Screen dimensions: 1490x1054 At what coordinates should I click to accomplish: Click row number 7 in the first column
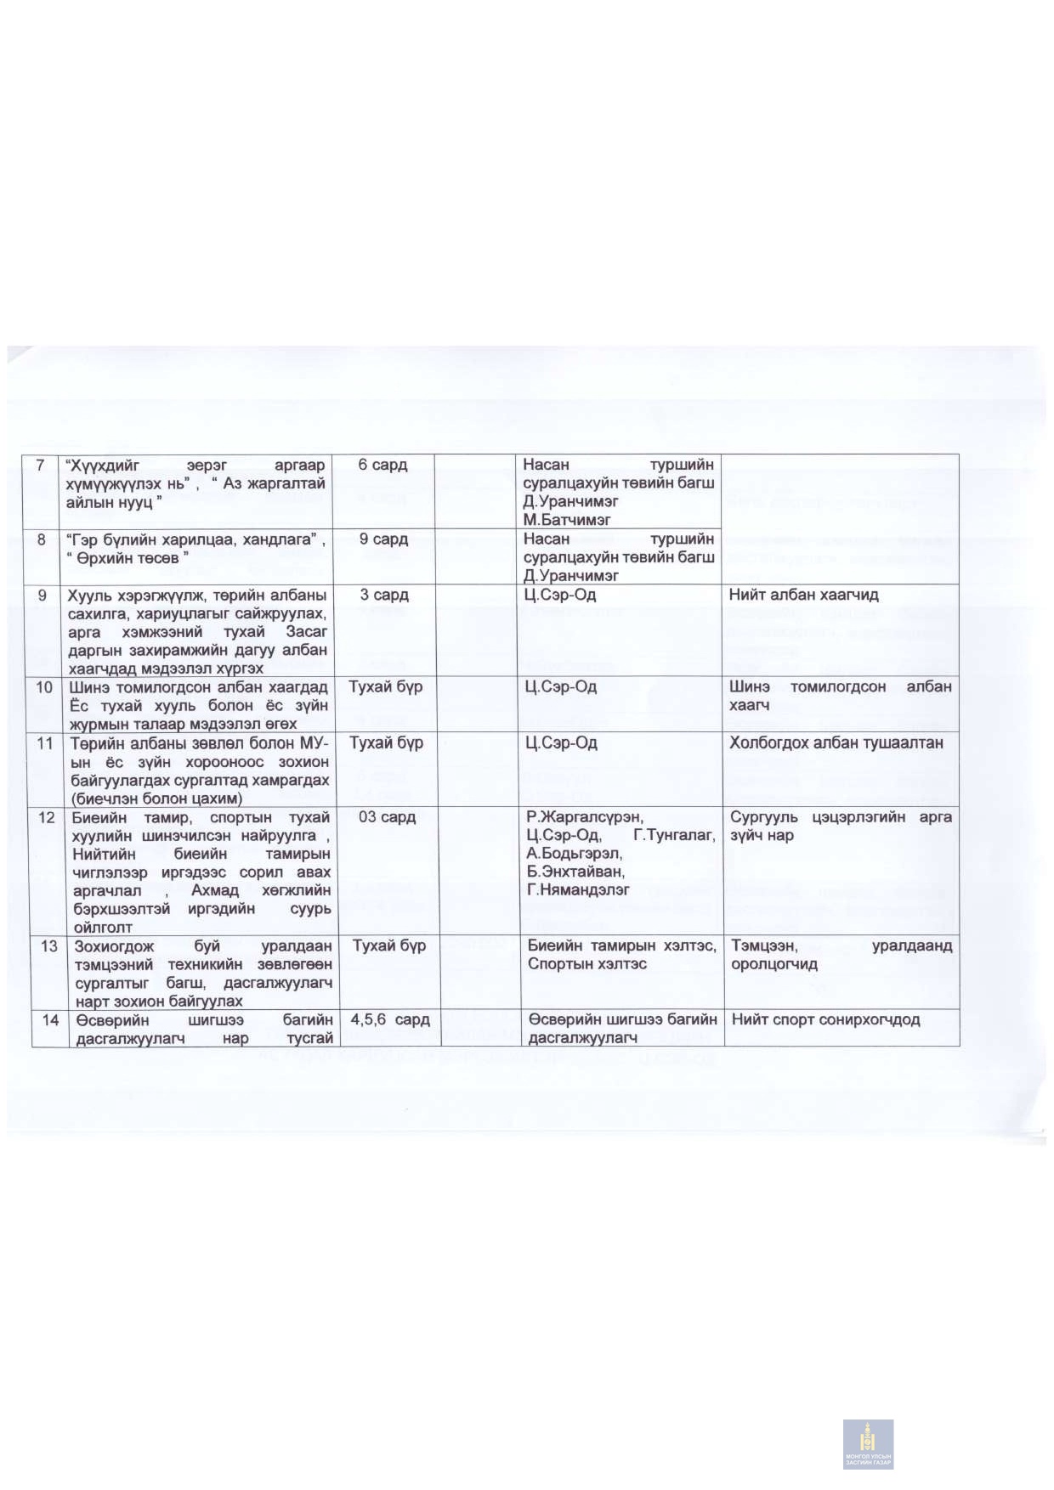click(x=40, y=465)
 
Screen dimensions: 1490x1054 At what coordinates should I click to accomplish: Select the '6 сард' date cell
click(x=382, y=465)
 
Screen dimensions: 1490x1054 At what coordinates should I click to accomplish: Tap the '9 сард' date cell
click(x=383, y=539)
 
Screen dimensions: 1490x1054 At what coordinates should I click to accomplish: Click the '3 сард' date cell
click(x=383, y=595)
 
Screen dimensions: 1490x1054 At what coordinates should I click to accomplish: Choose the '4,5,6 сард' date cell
click(x=390, y=1019)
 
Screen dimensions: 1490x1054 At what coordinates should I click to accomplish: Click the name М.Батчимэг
click(x=566, y=520)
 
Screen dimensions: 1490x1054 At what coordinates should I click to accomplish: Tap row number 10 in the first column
click(x=44, y=686)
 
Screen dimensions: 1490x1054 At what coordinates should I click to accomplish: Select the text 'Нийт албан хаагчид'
click(x=803, y=595)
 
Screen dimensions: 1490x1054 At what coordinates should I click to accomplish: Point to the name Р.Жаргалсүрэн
click(x=585, y=817)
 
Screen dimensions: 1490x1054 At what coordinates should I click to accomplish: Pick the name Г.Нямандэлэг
click(x=578, y=890)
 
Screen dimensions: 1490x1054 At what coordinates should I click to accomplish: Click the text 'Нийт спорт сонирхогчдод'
click(x=825, y=1019)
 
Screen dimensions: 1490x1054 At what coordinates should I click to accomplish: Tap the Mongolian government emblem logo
click(x=868, y=1443)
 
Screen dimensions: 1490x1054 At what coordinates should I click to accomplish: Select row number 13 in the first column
click(x=49, y=945)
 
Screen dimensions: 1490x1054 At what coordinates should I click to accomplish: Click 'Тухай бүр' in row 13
click(x=389, y=945)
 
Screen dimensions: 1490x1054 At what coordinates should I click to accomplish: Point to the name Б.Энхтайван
click(x=575, y=872)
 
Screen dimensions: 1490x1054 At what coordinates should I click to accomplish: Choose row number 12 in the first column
click(x=47, y=817)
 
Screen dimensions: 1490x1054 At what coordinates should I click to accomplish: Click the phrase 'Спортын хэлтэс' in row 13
click(x=586, y=964)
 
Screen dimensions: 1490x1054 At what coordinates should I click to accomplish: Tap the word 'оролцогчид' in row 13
click(x=774, y=964)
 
